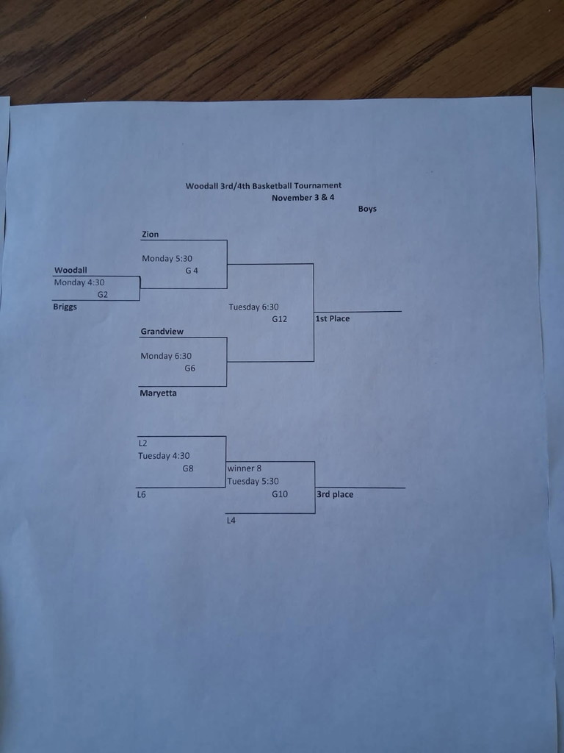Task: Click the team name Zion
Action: [150, 235]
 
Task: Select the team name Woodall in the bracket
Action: [70, 270]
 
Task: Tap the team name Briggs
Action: [65, 307]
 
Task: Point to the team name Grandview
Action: [162, 332]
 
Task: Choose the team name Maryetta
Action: [158, 393]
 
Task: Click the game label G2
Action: [103, 294]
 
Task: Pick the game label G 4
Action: [192, 271]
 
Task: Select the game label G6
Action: [190, 368]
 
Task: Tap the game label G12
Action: [279, 319]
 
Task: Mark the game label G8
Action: [188, 468]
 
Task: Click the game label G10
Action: [280, 494]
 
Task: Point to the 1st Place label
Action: [333, 318]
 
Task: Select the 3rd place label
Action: [335, 494]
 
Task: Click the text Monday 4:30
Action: [79, 282]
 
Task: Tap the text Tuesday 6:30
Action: [253, 307]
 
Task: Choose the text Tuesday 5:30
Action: [253, 482]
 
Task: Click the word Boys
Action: [367, 209]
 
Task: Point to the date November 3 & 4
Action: [303, 197]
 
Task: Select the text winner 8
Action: [245, 468]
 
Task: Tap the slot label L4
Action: [231, 521]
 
